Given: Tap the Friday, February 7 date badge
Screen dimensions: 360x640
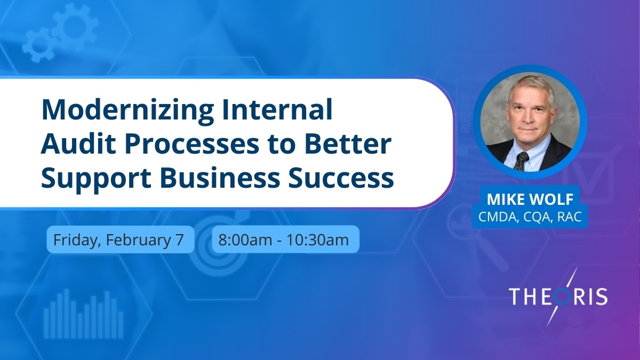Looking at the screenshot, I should click(x=120, y=239).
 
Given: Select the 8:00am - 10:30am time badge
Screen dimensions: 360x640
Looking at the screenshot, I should click(x=285, y=239).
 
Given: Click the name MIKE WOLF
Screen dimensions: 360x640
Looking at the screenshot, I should click(x=530, y=200).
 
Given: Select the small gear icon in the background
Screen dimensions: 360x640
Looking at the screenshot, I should click(x=38, y=46).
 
